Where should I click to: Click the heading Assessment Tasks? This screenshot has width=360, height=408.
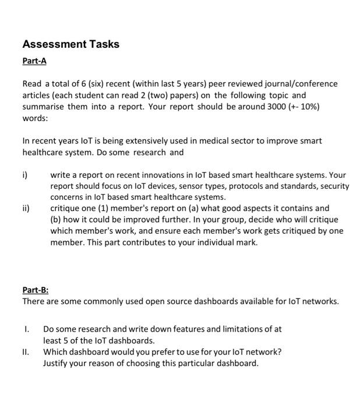70,44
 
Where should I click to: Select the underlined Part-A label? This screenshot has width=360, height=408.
34,61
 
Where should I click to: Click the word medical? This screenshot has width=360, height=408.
203,141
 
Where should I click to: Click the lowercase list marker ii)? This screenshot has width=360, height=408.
26,208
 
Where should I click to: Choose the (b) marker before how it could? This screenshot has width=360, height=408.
57,219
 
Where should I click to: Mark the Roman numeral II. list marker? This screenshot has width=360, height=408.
26,351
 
